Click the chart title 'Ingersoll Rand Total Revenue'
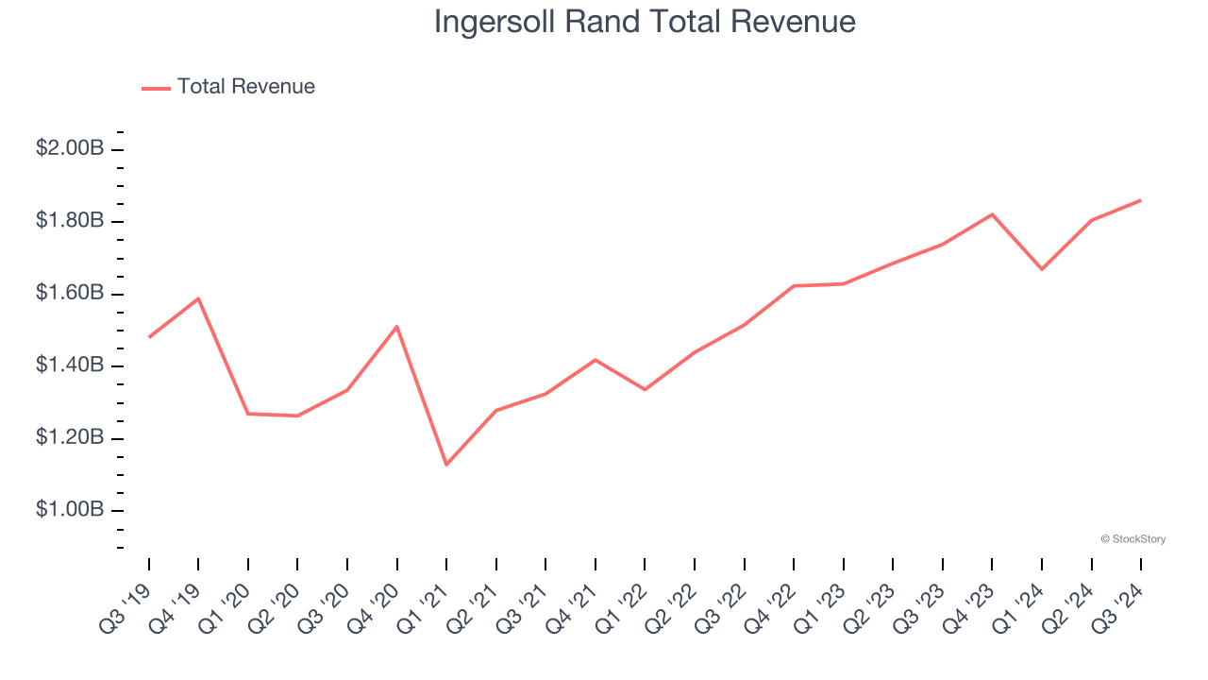tap(645, 22)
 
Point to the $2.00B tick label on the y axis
tap(70, 149)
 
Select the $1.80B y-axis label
tap(70, 221)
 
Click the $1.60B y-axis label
tap(70, 294)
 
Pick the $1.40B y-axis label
tap(70, 365)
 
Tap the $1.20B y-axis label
tap(70, 438)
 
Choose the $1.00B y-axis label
tap(70, 510)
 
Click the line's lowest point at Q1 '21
tap(446, 465)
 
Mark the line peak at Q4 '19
tap(198, 298)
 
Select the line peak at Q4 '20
tap(397, 326)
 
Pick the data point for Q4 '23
tap(992, 214)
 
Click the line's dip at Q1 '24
tap(1042, 269)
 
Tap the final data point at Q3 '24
tap(1141, 200)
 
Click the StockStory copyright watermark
tap(1132, 539)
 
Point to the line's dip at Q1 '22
tap(645, 389)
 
